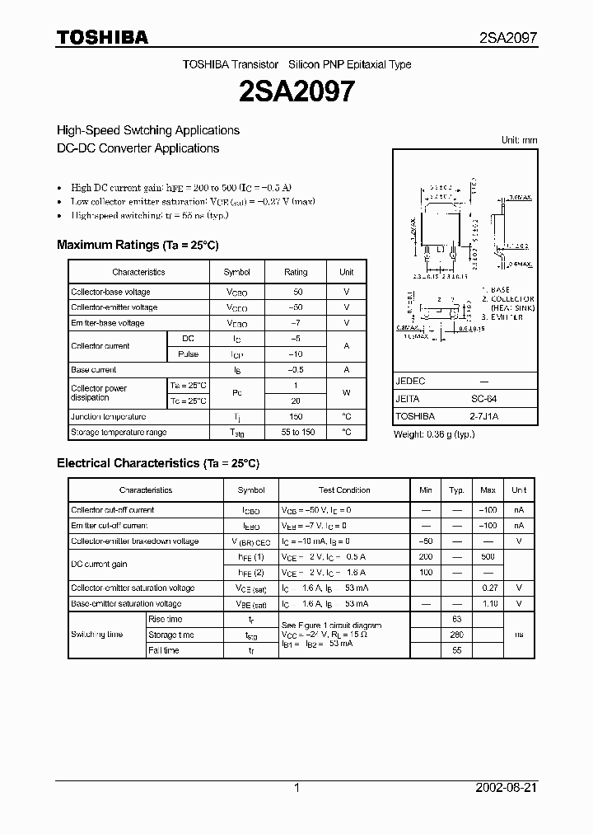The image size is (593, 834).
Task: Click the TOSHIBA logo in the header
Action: (101, 37)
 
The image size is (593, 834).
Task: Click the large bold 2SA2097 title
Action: (296, 91)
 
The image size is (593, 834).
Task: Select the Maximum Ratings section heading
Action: (138, 245)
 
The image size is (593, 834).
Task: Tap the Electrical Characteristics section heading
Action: (158, 463)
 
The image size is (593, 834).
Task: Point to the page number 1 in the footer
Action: (296, 788)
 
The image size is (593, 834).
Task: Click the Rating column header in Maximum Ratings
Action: (296, 272)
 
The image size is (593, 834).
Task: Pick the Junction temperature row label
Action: (108, 417)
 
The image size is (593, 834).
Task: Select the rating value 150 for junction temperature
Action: (296, 417)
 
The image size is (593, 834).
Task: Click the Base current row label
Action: (94, 370)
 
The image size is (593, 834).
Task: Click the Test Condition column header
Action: (344, 490)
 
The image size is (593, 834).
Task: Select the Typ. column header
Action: (457, 490)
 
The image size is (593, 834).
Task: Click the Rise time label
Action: (165, 619)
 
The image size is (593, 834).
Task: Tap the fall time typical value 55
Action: (457, 650)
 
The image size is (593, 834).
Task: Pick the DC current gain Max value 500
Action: (488, 557)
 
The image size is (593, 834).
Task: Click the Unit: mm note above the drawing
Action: (519, 140)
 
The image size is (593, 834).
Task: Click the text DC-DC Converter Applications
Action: (138, 148)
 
